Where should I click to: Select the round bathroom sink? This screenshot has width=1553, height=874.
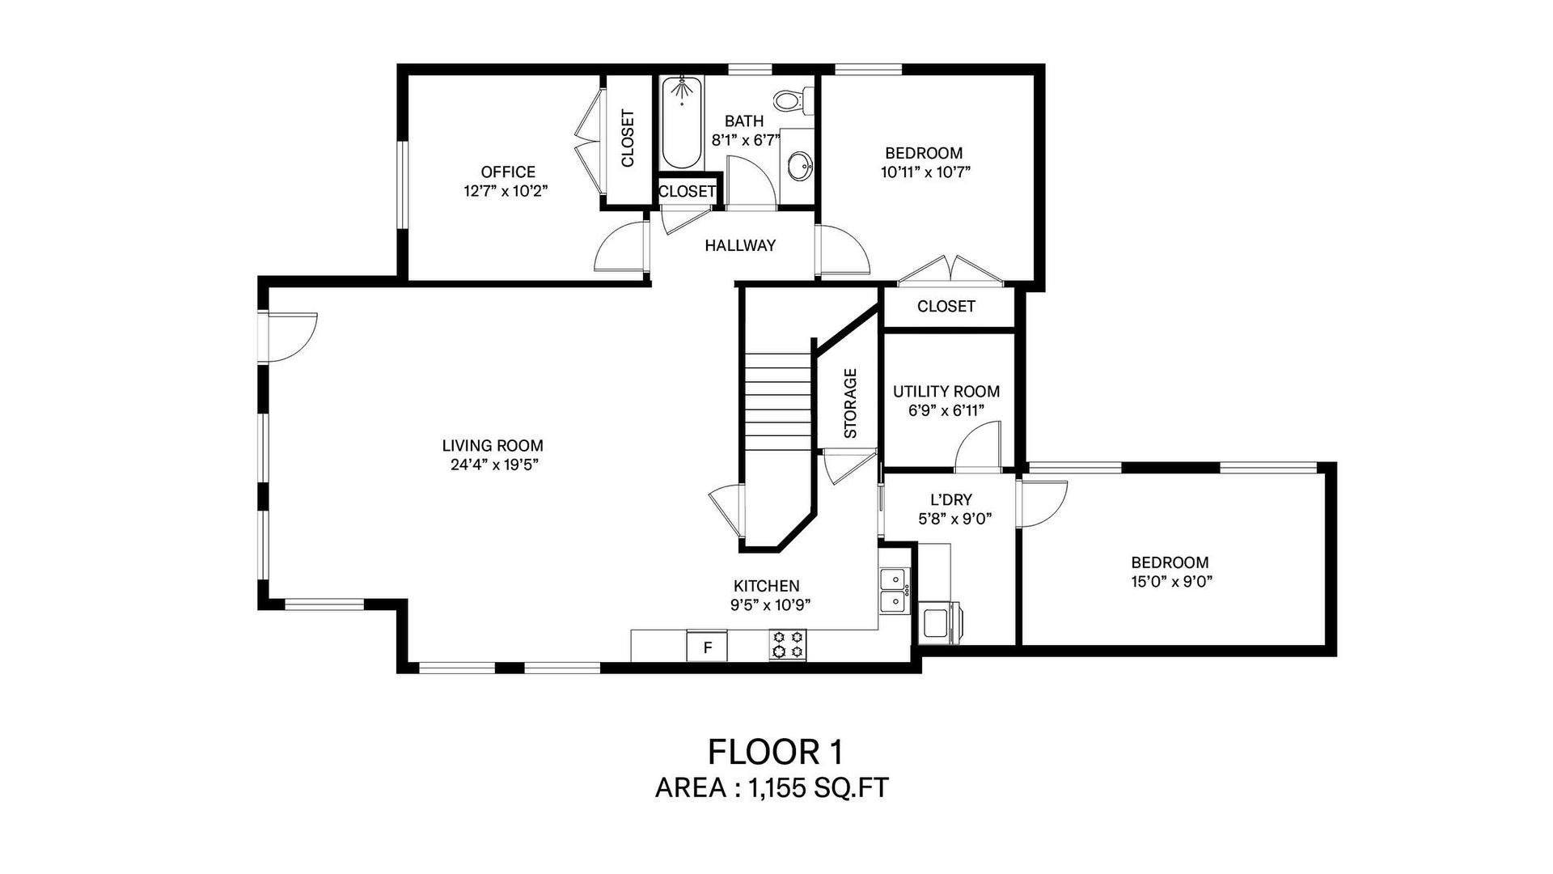point(800,168)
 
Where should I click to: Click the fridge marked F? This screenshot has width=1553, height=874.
point(707,647)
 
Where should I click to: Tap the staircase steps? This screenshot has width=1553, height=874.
point(778,402)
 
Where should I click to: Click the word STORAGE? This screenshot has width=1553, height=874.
point(850,403)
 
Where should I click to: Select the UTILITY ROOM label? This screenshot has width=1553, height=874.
point(946,392)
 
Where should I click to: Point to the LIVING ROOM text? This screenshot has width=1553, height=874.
point(493,446)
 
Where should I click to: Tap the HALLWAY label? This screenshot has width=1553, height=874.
point(740,245)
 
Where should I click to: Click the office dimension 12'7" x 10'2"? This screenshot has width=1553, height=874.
point(508,191)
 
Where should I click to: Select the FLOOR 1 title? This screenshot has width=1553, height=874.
point(776,752)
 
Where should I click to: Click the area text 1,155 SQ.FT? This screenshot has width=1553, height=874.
point(819,788)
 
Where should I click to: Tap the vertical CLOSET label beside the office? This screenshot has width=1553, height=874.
point(628,138)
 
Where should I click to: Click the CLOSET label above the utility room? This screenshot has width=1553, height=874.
point(946,306)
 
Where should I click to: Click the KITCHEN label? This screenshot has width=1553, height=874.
point(766,586)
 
